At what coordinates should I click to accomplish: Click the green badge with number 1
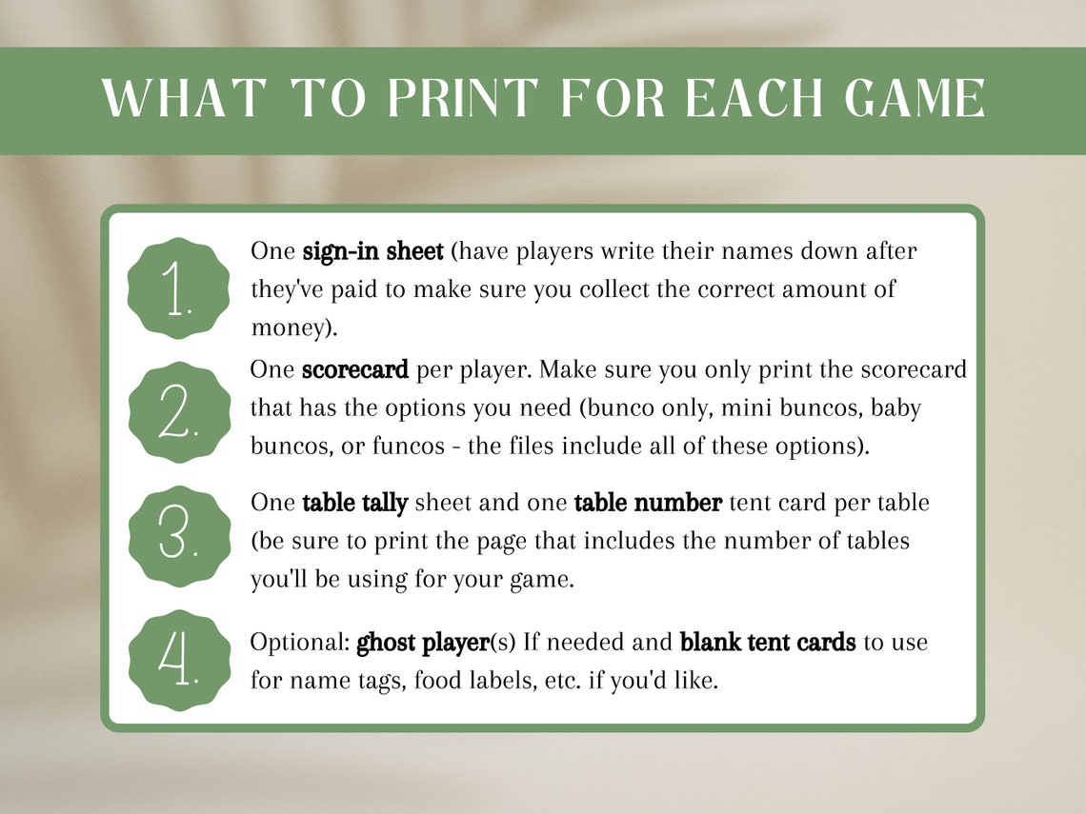[179, 288]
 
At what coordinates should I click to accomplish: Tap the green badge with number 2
[179, 412]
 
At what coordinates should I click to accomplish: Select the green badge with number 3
[179, 536]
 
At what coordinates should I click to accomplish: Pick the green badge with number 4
[179, 660]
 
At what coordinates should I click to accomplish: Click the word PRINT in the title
[449, 98]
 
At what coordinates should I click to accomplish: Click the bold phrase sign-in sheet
[372, 251]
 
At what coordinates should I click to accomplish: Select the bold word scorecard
[355, 369]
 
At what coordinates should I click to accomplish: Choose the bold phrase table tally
[354, 502]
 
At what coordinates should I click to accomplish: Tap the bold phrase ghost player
[422, 643]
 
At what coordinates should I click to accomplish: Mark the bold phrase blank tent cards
[767, 643]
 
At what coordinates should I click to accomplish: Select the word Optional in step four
[299, 643]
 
